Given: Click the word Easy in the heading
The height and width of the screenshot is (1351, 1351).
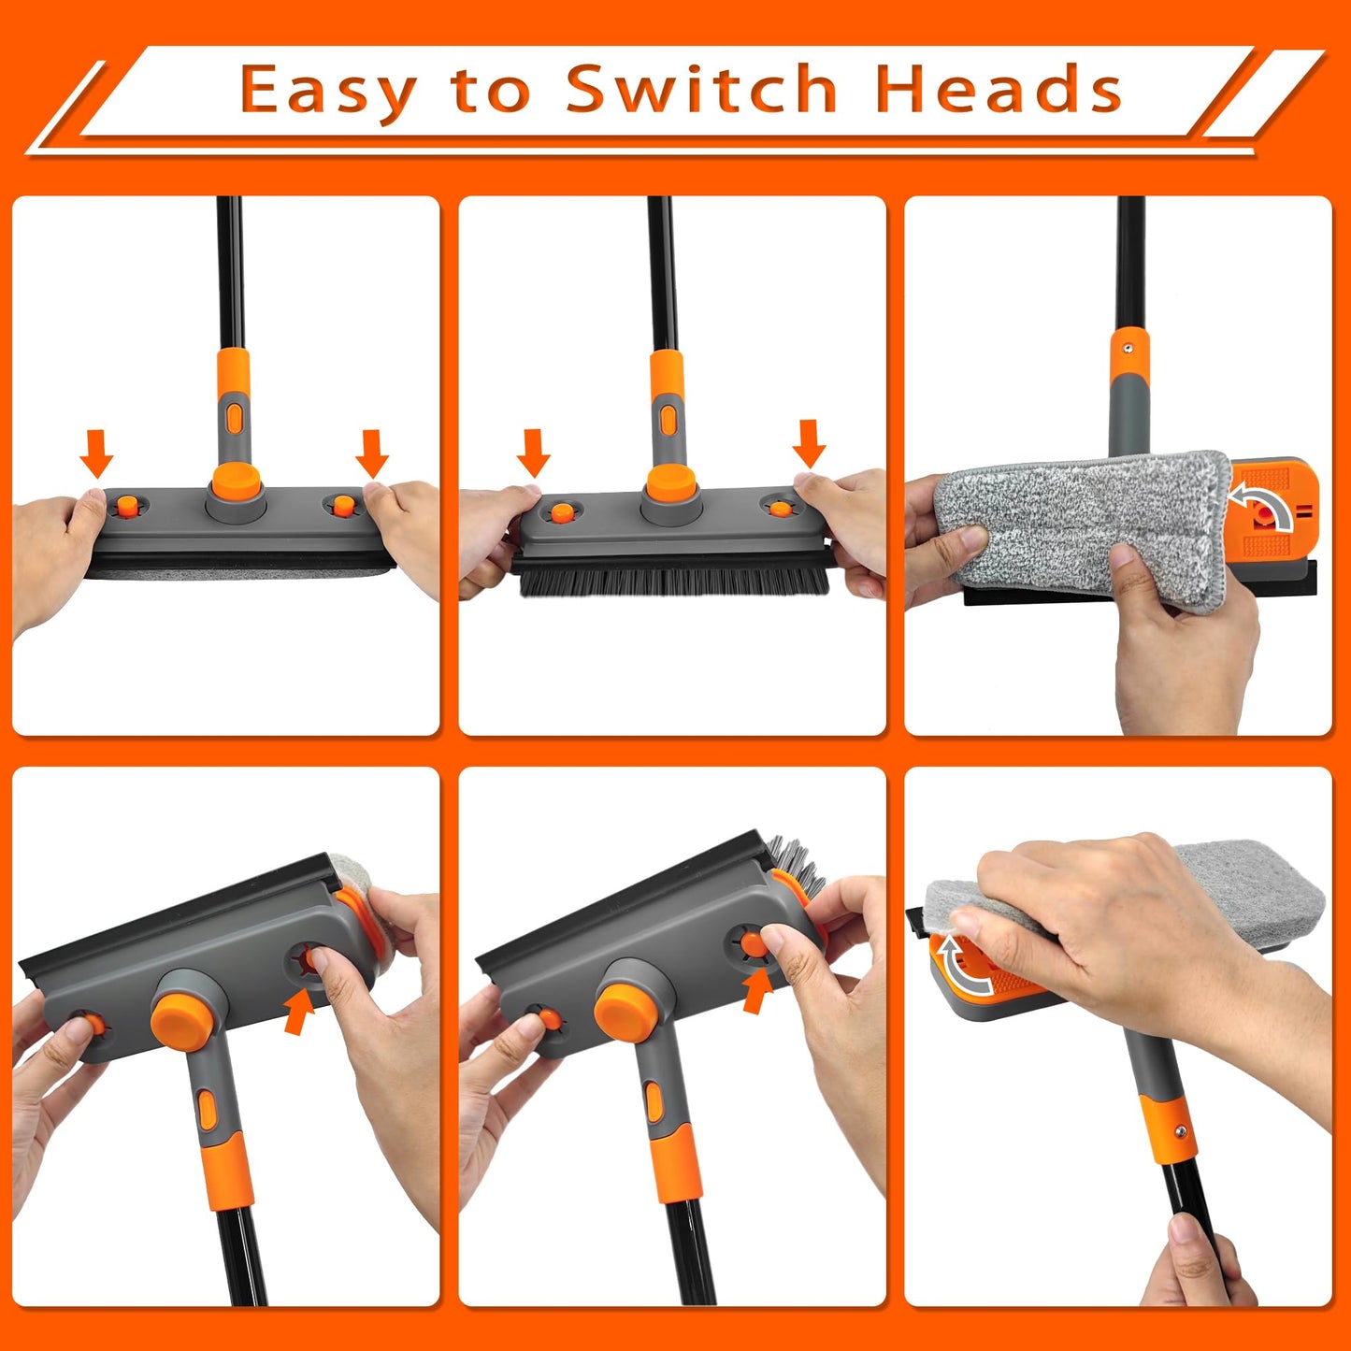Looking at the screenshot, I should (327, 92).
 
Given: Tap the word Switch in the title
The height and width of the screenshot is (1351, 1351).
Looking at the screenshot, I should (701, 90).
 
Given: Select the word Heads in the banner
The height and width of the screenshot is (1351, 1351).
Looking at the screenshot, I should (998, 90).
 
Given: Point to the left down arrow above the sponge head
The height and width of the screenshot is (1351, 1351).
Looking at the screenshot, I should (96, 453).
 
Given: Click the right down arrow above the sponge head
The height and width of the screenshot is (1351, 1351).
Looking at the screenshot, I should (372, 453).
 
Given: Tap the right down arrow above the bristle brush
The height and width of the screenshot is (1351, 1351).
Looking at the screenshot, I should (809, 444).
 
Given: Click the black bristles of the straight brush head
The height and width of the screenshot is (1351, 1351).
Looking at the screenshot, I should (673, 580).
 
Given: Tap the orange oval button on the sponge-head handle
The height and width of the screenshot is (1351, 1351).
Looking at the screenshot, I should (234, 416).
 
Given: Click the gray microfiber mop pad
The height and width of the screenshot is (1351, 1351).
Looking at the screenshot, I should (1075, 519).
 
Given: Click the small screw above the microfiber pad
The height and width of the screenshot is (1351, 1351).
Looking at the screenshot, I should (1128, 347).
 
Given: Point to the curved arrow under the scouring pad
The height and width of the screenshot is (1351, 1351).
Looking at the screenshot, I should (963, 968).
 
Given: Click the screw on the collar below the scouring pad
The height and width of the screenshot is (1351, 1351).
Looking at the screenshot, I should (1181, 1131).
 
